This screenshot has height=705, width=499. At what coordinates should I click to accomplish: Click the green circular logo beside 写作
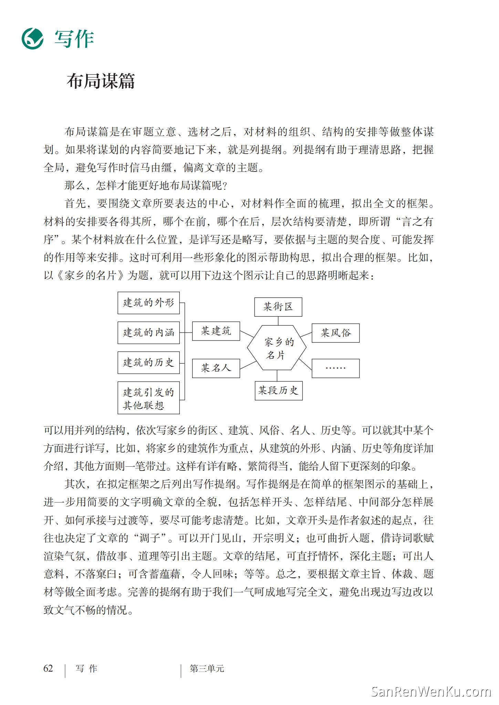point(32,39)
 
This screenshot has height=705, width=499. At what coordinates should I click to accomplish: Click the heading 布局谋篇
point(101,82)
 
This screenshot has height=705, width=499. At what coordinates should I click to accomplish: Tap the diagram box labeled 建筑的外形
point(148,303)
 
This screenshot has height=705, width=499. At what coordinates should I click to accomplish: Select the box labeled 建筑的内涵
point(148,333)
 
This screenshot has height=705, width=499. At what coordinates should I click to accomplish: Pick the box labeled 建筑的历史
point(148,362)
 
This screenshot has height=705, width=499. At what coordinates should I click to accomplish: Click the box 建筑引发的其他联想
point(148,398)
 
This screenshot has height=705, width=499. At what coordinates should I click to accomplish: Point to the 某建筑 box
point(216,331)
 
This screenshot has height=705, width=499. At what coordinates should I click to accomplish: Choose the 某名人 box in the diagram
point(216,368)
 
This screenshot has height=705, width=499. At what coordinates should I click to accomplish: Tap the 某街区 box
point(278,307)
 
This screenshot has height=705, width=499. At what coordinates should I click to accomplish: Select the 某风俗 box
point(336,333)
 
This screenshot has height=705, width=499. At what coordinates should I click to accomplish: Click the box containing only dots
point(336,368)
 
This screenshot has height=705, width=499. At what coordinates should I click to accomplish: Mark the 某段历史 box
point(279,391)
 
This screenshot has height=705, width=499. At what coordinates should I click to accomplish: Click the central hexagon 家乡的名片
point(277,348)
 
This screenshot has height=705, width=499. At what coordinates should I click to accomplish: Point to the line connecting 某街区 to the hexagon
point(278,321)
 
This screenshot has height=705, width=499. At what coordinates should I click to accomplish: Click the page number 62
point(48,668)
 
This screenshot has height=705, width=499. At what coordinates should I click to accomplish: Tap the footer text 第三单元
point(207,669)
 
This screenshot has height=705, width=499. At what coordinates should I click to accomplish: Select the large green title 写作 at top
point(74,39)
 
